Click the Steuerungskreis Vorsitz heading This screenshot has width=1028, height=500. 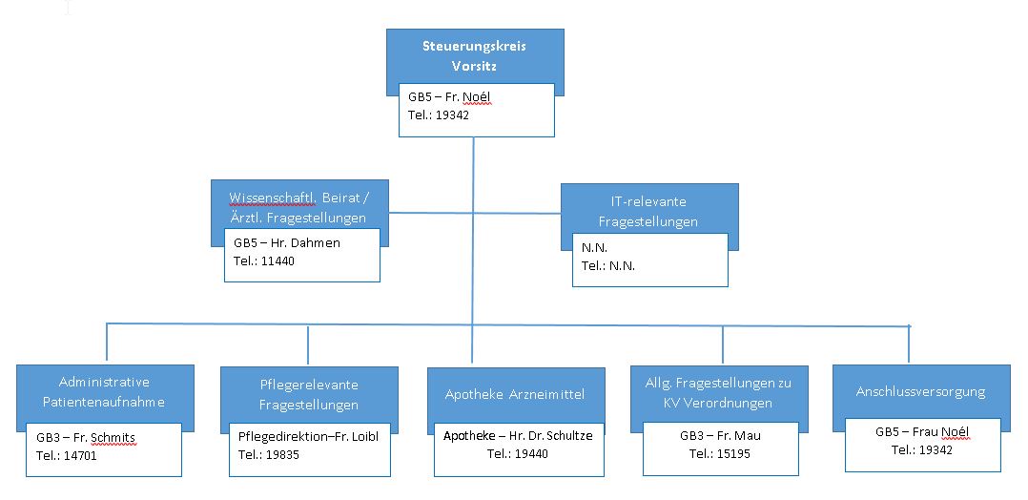pyautogui.click(x=474, y=55)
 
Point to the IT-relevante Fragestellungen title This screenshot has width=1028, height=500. pyautogui.click(x=649, y=212)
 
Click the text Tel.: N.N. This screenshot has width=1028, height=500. pyautogui.click(x=608, y=266)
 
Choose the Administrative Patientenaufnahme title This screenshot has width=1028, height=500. pyautogui.click(x=104, y=392)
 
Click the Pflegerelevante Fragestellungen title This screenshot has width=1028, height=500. pyautogui.click(x=309, y=394)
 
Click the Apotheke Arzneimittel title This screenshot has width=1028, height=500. pyautogui.click(x=515, y=394)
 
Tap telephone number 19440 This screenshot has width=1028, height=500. pyautogui.click(x=530, y=452)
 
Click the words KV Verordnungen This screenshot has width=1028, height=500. pyautogui.click(x=717, y=403)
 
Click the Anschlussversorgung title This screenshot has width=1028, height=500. pyautogui.click(x=920, y=392)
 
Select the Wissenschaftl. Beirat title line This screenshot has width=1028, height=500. pyautogui.click(x=300, y=198)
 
